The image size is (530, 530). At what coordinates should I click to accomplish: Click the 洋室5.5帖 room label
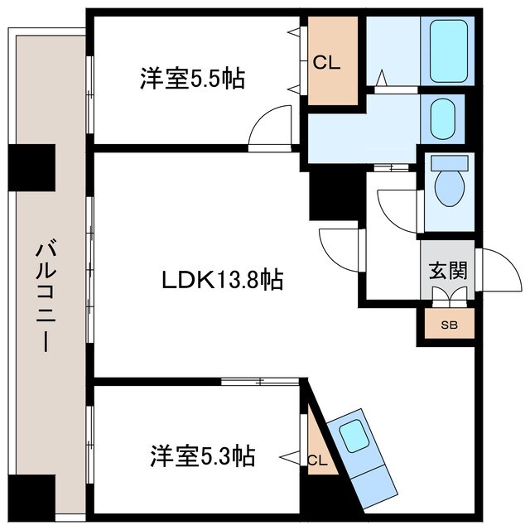(191, 79)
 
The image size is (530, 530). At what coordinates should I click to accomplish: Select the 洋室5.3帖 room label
(202, 455)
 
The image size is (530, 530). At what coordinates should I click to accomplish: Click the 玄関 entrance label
(447, 271)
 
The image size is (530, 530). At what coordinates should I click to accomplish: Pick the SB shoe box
(448, 324)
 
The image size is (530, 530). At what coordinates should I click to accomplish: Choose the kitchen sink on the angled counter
(354, 436)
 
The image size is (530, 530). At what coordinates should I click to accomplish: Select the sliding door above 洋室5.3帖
(261, 382)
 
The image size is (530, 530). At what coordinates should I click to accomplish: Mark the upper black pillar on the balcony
(31, 166)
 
